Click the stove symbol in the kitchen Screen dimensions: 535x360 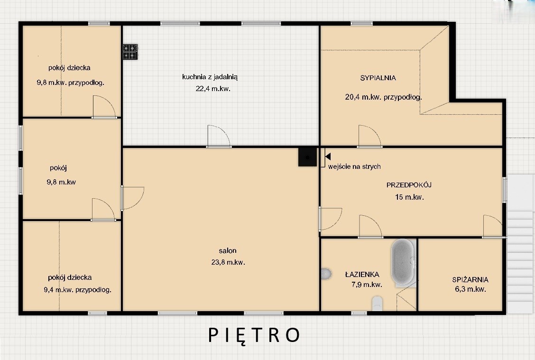coord(130,52)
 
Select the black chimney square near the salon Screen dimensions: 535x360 coord(307,157)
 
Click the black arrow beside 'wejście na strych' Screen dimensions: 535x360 coord(328,157)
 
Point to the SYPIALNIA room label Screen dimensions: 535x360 coord(378,78)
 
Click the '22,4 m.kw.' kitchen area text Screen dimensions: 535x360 coord(213,89)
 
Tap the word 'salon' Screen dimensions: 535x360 coord(228,250)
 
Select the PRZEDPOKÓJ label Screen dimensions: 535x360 coord(409,185)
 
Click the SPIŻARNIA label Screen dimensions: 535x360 coord(470,279)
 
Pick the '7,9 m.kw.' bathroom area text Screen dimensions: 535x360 coord(367,285)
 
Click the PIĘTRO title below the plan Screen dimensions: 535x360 coord(254,335)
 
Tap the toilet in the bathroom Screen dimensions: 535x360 coord(377,304)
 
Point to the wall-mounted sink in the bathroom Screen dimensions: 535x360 coord(326,274)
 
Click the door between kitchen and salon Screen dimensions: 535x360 coord(219,137)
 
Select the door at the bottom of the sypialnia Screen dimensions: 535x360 coord(369,137)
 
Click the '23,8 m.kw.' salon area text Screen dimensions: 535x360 coord(228,262)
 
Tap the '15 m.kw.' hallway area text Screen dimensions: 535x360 coord(409,197)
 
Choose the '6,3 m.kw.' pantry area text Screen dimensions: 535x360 coord(470,289)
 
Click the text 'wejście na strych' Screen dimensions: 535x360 coord(354,166)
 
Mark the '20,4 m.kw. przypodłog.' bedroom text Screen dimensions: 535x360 coord(384,97)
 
